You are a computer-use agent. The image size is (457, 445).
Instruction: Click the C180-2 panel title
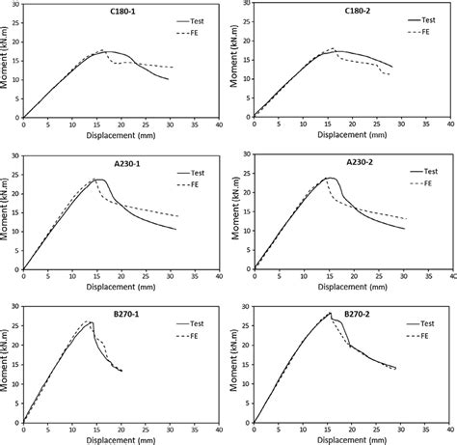point(347,12)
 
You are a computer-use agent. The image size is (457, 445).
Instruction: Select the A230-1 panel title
point(117,162)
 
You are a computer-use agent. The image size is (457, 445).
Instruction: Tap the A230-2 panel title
point(346,162)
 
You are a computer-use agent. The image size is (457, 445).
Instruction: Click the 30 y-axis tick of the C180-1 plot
point(13,5)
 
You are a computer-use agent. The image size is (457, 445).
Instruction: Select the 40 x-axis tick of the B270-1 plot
point(220,428)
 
